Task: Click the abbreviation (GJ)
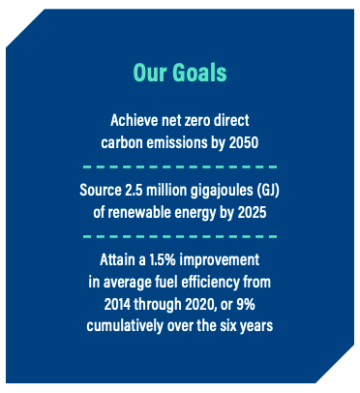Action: (x=268, y=191)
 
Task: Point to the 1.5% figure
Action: (x=163, y=259)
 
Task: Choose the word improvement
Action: (x=220, y=260)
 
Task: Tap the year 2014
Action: (x=117, y=304)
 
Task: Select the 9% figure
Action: (x=246, y=304)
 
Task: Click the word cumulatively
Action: (x=125, y=326)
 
